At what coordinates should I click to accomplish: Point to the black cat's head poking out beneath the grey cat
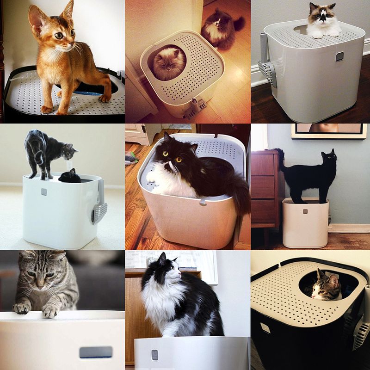coord(70,176)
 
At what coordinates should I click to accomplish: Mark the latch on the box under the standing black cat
coord(305,211)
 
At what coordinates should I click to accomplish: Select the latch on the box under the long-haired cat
coord(155,355)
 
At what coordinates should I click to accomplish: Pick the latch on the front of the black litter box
coord(265,328)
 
